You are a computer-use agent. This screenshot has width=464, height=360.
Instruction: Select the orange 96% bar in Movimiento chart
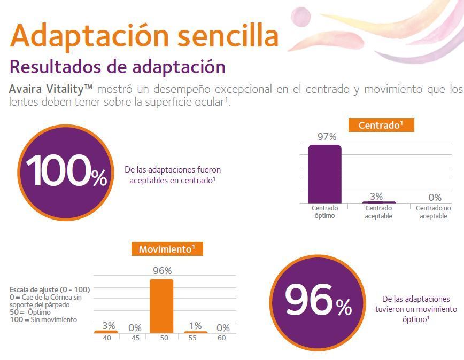(161, 306)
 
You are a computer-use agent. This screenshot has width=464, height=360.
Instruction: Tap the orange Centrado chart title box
(381, 126)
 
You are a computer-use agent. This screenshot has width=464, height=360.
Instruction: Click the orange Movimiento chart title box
(167, 249)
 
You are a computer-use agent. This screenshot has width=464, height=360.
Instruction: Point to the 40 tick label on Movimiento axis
(107, 338)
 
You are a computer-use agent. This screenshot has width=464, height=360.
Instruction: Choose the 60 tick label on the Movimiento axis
(222, 338)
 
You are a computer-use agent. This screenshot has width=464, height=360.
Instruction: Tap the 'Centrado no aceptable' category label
(434, 212)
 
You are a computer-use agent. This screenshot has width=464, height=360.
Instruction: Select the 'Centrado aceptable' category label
(378, 212)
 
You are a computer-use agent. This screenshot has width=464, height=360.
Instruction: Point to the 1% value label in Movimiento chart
(195, 326)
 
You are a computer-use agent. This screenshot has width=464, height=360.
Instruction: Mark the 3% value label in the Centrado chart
(376, 197)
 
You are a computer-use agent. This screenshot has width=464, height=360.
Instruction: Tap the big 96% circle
(318, 302)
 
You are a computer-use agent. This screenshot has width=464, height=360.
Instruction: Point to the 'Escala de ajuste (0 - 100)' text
(50, 289)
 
